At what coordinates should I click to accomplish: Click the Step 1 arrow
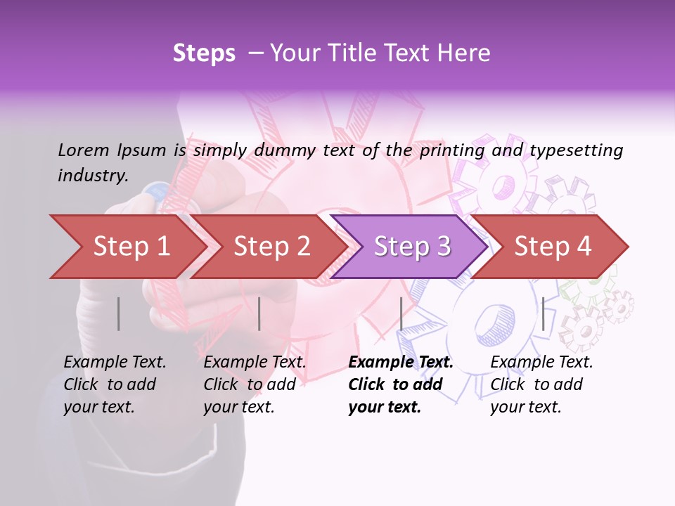(x=130, y=246)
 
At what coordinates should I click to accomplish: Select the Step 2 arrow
(x=271, y=246)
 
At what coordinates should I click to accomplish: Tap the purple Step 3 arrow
(x=411, y=246)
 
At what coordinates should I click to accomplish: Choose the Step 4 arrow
(x=552, y=246)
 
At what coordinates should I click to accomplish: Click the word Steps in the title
(x=204, y=53)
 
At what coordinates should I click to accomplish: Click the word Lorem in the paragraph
(x=84, y=150)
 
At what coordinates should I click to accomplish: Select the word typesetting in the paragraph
(x=576, y=150)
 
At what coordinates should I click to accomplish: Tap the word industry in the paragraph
(x=92, y=176)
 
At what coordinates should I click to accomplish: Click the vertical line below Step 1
(x=119, y=313)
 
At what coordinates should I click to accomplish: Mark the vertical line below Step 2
(x=259, y=313)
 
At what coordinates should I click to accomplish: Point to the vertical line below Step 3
(x=401, y=313)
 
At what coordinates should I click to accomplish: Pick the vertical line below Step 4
(x=543, y=313)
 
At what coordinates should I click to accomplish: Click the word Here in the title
(x=463, y=53)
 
